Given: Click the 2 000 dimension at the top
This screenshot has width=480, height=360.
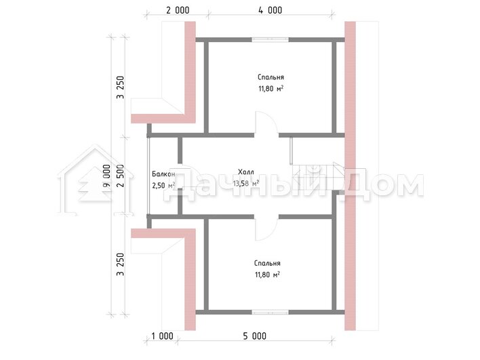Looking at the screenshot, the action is click(178, 10).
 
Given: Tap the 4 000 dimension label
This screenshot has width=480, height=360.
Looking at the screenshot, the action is click(271, 10).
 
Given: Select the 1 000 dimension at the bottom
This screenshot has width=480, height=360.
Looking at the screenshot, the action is click(162, 336).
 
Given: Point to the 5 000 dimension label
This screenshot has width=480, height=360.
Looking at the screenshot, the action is click(255, 336).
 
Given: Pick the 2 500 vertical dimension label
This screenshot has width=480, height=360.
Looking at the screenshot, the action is click(121, 176).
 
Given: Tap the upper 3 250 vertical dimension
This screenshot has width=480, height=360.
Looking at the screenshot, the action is click(121, 87).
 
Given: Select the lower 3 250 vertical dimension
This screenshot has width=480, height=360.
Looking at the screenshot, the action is click(121, 264).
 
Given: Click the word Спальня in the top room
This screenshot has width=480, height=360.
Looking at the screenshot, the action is click(271, 77).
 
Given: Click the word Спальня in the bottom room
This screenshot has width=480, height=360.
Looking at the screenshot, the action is click(267, 263).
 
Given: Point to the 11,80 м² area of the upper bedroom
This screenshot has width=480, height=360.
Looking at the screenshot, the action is click(271, 89).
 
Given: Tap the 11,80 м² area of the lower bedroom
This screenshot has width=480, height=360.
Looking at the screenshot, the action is click(267, 275).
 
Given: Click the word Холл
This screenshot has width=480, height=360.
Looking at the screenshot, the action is click(246, 172).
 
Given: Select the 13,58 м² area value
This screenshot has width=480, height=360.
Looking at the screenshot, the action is click(246, 183).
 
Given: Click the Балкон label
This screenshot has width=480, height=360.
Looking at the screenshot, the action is click(163, 174).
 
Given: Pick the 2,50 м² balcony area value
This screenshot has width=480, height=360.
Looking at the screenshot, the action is click(163, 185).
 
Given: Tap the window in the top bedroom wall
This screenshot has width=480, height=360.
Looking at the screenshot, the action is click(271, 39).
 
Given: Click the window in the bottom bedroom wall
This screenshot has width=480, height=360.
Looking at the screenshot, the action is click(271, 313).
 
